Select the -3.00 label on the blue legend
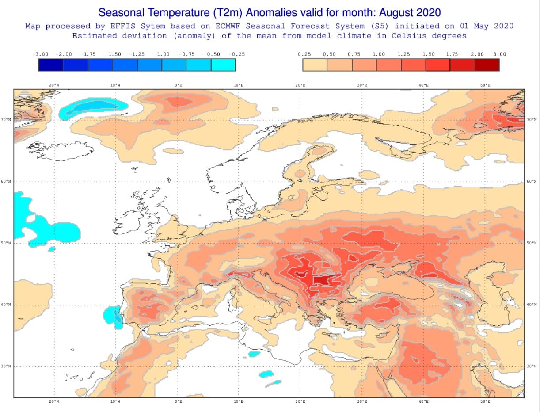coord(40,54)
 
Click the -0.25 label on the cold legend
coord(236,54)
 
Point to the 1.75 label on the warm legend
coord(452,54)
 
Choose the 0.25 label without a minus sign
coord(304,54)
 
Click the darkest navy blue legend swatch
coord(51,65)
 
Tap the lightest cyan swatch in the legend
coord(223,65)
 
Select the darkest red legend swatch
coord(487,65)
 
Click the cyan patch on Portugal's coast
coord(113,316)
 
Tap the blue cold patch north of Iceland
coord(91,107)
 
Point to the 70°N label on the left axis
coord(6,120)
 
